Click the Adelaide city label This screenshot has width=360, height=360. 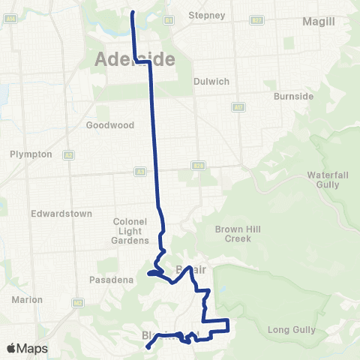(135, 59)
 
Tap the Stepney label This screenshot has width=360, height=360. (206, 15)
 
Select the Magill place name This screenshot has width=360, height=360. (319, 22)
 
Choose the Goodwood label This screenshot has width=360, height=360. (109, 125)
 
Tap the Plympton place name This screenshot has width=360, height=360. (31, 154)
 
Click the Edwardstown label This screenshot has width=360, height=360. (61, 214)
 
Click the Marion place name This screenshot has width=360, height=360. (27, 299)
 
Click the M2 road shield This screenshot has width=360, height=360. (68, 155)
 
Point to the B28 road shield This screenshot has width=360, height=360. (197, 166)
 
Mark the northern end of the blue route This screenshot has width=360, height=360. (133, 13)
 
